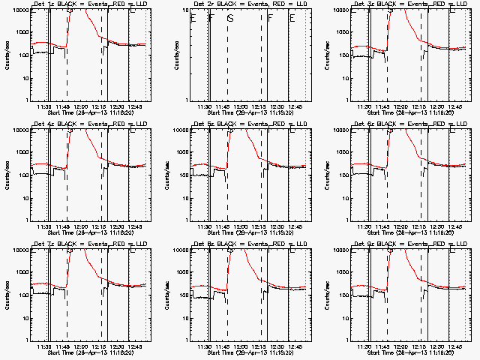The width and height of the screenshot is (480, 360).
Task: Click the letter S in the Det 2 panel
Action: click(230, 17)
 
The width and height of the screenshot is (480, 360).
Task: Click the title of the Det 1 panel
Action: click(88, 4)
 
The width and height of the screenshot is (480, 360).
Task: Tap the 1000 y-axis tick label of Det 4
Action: click(25, 152)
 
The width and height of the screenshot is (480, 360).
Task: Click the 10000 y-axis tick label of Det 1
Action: click(22, 10)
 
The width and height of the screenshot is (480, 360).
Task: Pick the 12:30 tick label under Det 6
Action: click(439, 226)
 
